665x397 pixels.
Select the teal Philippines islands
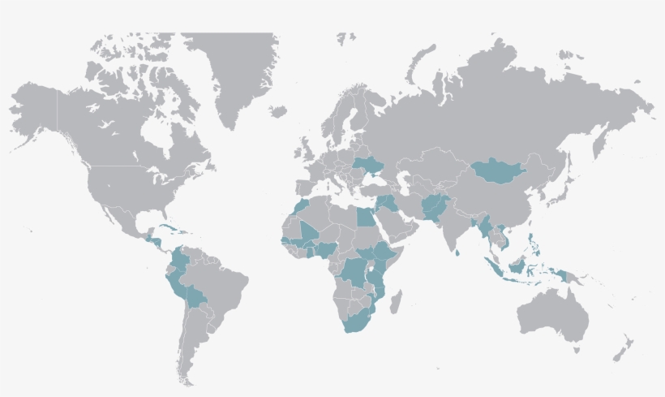531,243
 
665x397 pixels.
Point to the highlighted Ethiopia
382,252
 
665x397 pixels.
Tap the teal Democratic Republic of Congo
356,272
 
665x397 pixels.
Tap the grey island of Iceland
278,111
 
